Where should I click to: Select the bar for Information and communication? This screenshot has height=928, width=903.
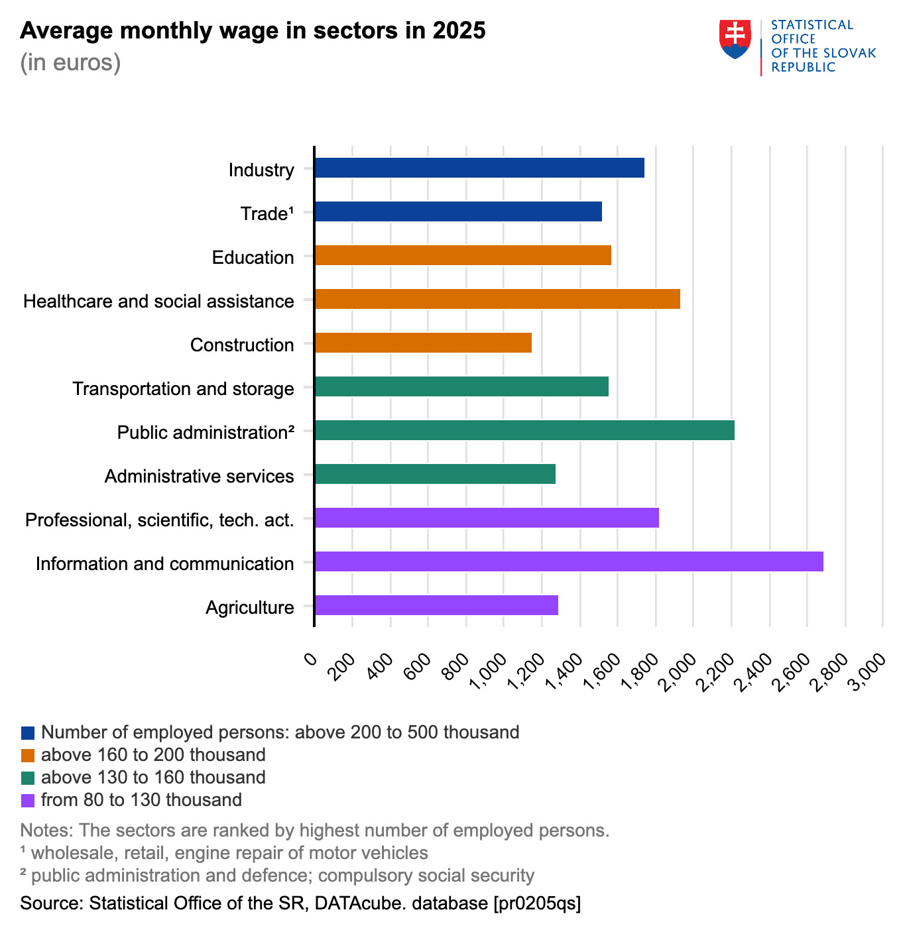point(569,561)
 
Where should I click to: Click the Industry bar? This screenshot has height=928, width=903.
point(479,168)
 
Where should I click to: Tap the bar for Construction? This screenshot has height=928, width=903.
point(423,343)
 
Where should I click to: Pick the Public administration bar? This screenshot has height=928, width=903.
point(524,430)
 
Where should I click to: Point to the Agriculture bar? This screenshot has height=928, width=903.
point(436,605)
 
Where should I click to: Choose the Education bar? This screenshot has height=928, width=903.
point(463,255)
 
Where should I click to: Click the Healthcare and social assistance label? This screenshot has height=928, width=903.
point(158,302)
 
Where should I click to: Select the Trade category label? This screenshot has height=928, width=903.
point(267,214)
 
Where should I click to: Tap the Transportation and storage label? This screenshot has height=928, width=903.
point(183,389)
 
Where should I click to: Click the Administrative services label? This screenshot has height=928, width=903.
point(199,477)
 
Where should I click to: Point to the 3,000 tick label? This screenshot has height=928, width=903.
point(869,671)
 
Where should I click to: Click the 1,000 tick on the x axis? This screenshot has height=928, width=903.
point(490,671)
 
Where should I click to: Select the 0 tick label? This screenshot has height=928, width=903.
point(310,660)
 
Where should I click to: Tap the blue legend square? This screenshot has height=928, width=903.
point(28,732)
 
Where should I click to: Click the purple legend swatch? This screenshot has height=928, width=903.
point(28,800)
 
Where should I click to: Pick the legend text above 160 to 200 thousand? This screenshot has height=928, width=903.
point(153,755)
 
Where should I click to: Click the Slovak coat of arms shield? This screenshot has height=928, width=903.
point(735,38)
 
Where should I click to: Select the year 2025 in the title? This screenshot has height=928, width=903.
point(459,30)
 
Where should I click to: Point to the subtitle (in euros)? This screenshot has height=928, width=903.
point(70,62)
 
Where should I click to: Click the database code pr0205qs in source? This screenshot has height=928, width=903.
point(537,903)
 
